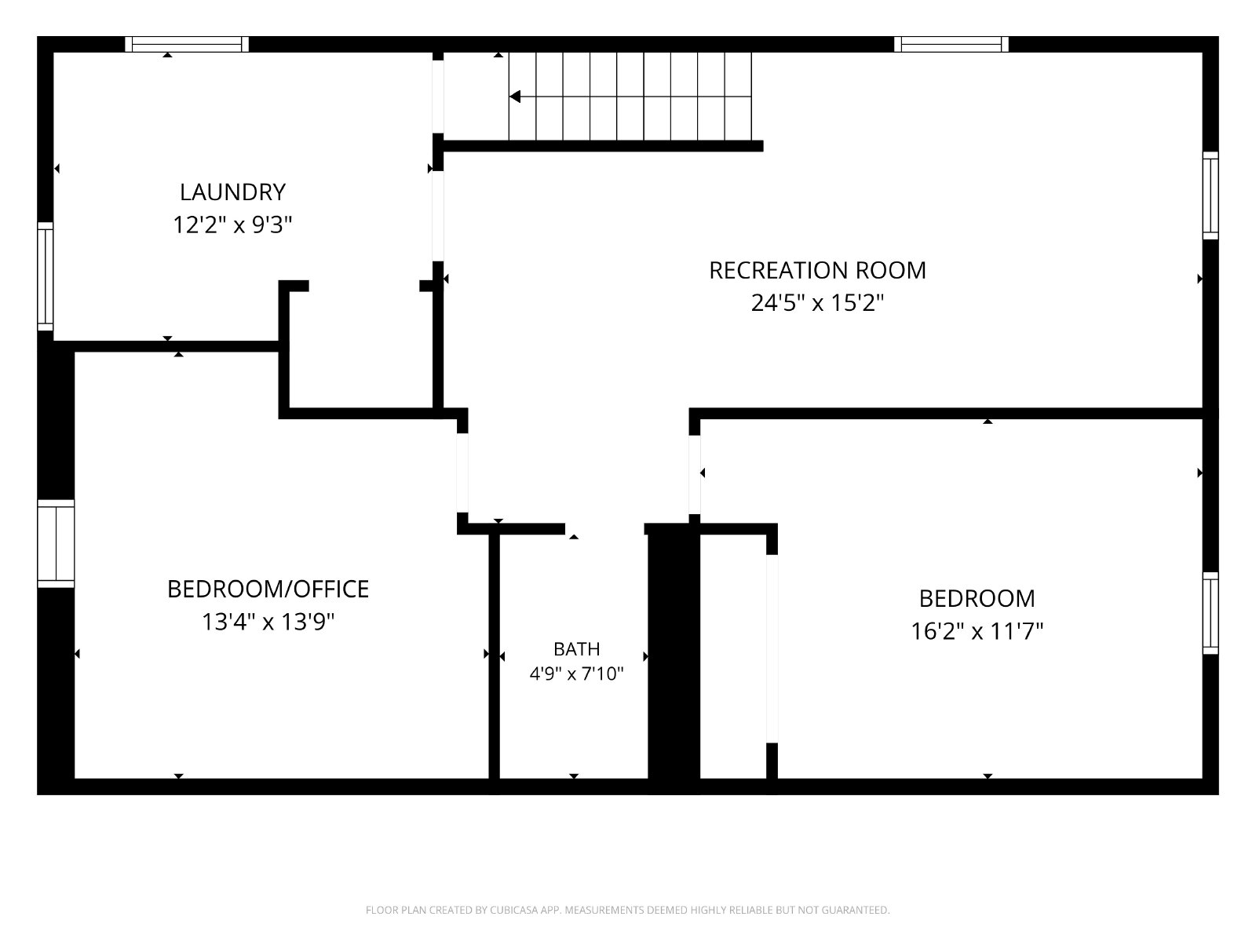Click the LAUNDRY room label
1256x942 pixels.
232,192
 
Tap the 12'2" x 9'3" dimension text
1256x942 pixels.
232,225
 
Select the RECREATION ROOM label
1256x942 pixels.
817,271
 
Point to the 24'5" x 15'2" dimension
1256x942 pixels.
817,302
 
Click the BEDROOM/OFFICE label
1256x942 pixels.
268,589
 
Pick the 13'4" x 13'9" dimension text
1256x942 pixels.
268,621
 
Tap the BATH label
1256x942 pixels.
576,649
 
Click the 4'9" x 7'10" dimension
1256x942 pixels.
576,674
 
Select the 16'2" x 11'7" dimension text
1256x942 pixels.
977,631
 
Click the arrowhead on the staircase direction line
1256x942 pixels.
514,97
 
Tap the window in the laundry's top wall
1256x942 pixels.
187,45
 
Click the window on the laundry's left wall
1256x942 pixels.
46,276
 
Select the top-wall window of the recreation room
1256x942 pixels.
951,45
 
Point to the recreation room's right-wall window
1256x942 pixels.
1210,195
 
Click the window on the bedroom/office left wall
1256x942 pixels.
56,544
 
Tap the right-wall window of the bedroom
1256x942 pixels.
1210,613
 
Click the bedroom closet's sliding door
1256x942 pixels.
772,649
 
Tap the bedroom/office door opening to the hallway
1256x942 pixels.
462,473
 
